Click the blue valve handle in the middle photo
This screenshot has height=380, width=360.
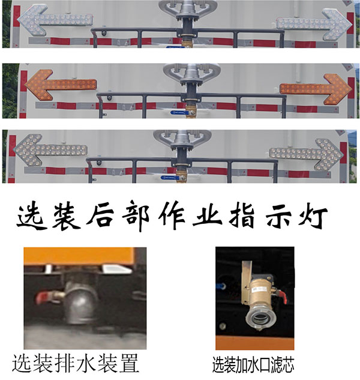[x=178, y=112]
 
